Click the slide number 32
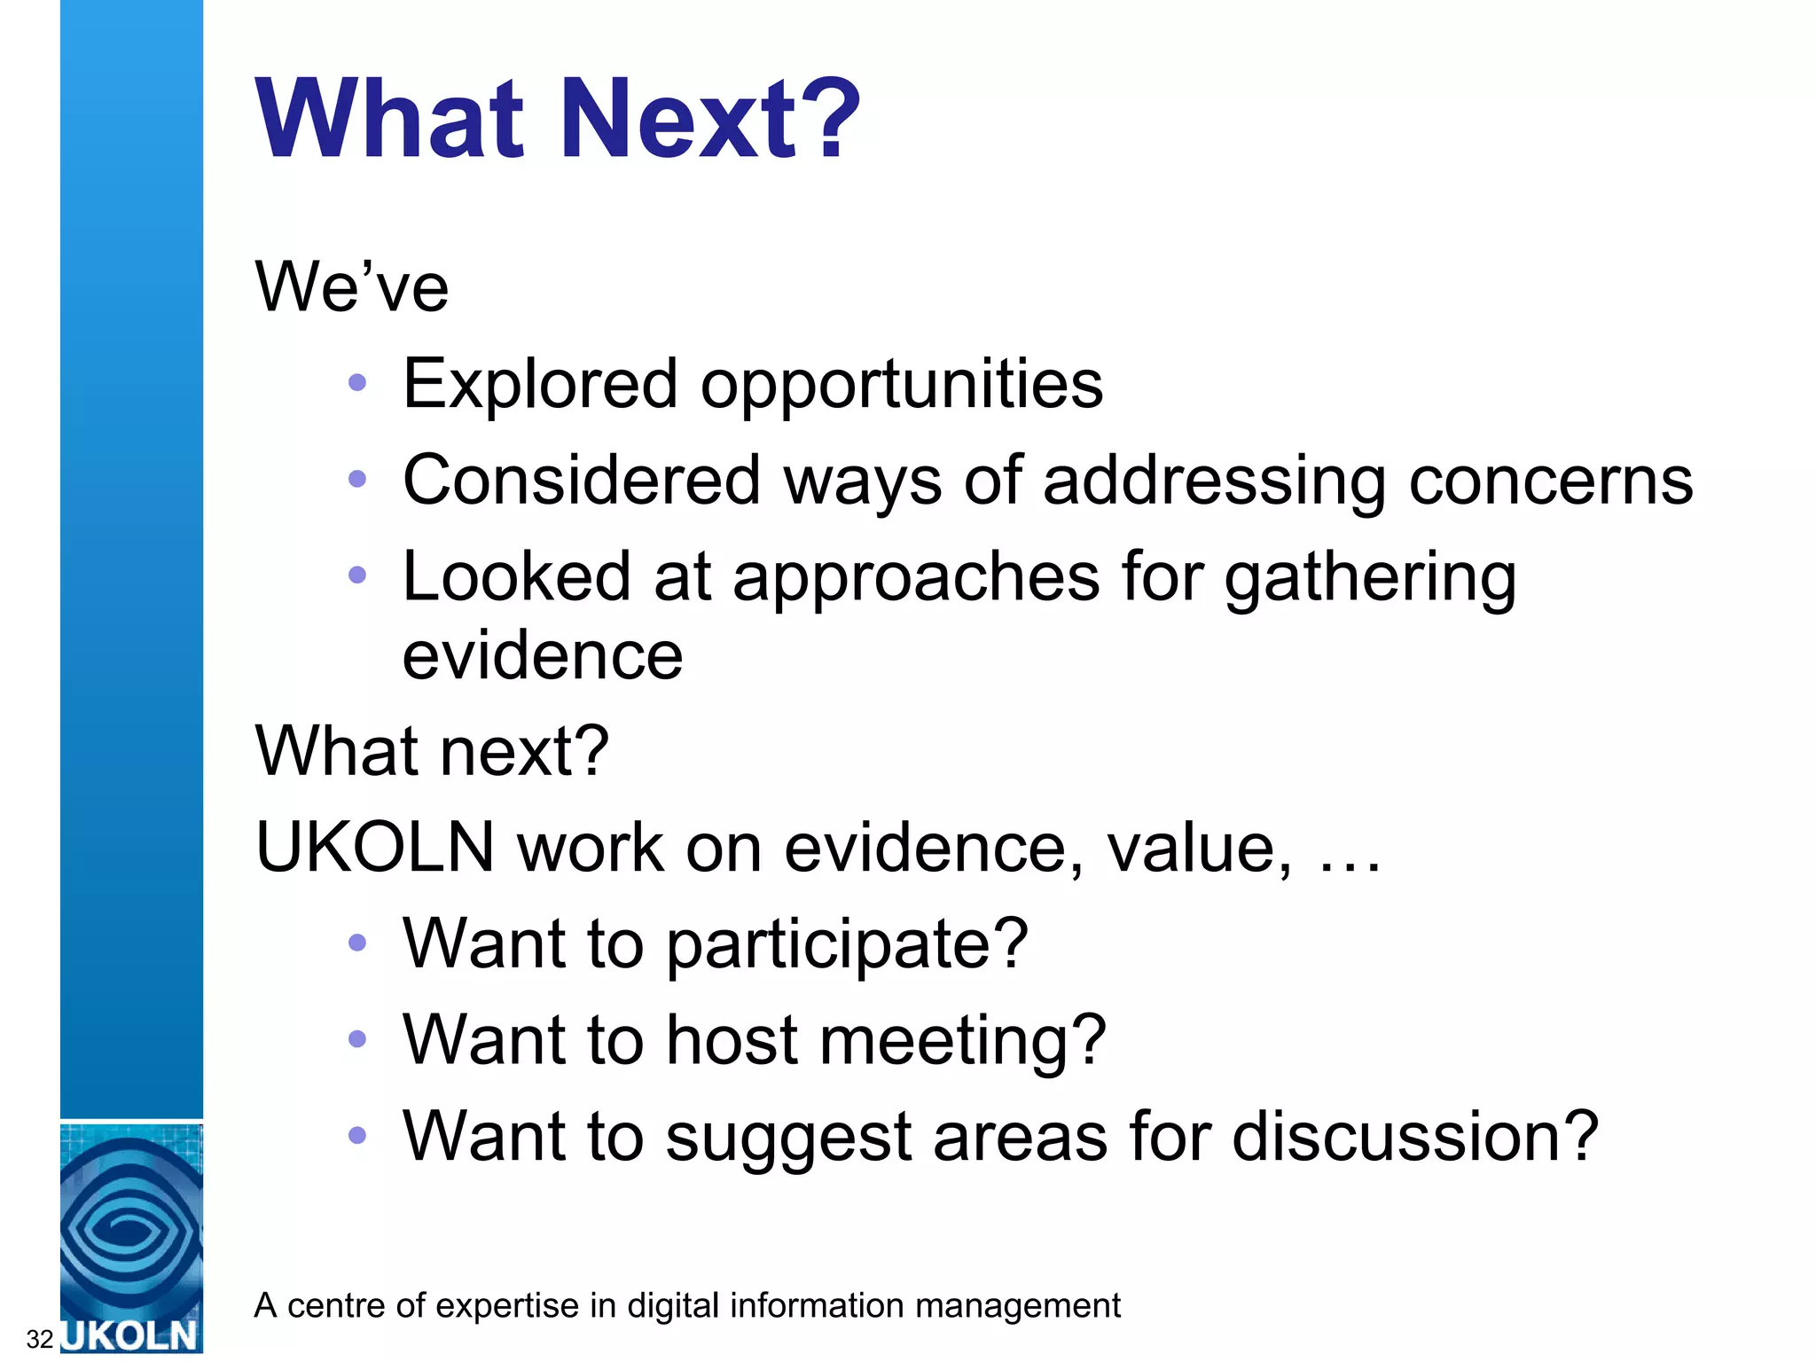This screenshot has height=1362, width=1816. click(x=40, y=1338)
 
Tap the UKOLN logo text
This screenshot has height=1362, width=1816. click(x=131, y=1335)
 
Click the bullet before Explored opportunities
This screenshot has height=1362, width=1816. click(x=357, y=383)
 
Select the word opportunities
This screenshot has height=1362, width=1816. click(x=902, y=386)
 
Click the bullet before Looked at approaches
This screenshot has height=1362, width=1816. click(x=357, y=575)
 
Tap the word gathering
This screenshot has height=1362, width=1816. click(x=1370, y=578)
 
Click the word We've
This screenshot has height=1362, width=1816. click(x=352, y=286)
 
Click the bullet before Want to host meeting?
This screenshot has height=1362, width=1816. click(x=357, y=1038)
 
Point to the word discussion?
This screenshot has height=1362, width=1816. click(x=1415, y=1136)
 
